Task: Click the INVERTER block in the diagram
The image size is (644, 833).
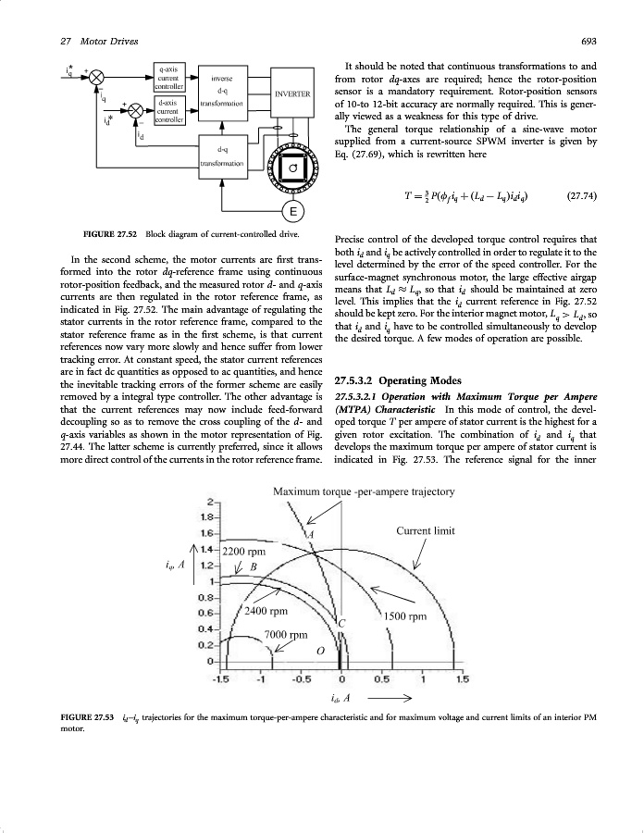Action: [292, 93]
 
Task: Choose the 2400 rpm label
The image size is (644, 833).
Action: [266, 611]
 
